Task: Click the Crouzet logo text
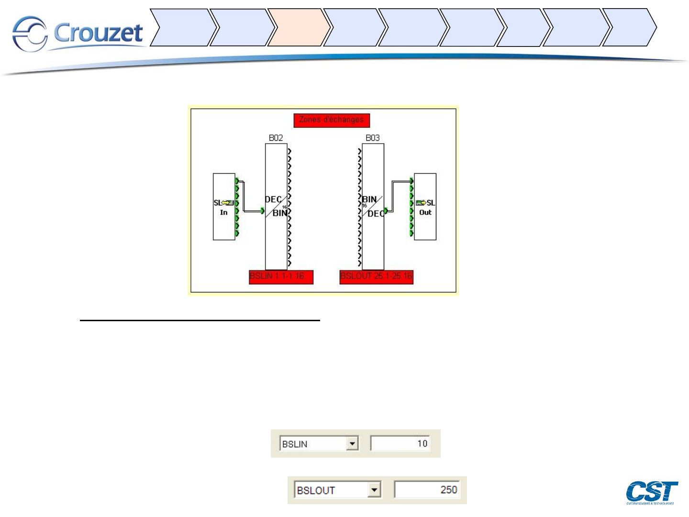tap(98, 33)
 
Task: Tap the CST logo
tap(652, 492)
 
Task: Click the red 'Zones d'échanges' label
tap(332, 120)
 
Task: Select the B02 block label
tap(276, 138)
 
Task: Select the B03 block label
tap(373, 138)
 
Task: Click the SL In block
tap(224, 207)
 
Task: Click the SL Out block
tap(425, 207)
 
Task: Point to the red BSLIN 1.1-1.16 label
tap(281, 276)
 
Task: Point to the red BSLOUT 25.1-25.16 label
tap(376, 276)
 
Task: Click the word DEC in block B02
tap(273, 200)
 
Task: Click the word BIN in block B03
tap(369, 200)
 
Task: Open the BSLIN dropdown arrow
tap(352, 444)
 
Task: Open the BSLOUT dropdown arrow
tap(375, 490)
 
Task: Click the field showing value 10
tap(400, 443)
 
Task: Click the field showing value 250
tap(427, 490)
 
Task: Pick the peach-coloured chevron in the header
tap(297, 28)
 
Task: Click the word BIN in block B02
tap(279, 213)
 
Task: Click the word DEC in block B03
tap(376, 214)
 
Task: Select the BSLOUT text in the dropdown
tap(316, 490)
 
